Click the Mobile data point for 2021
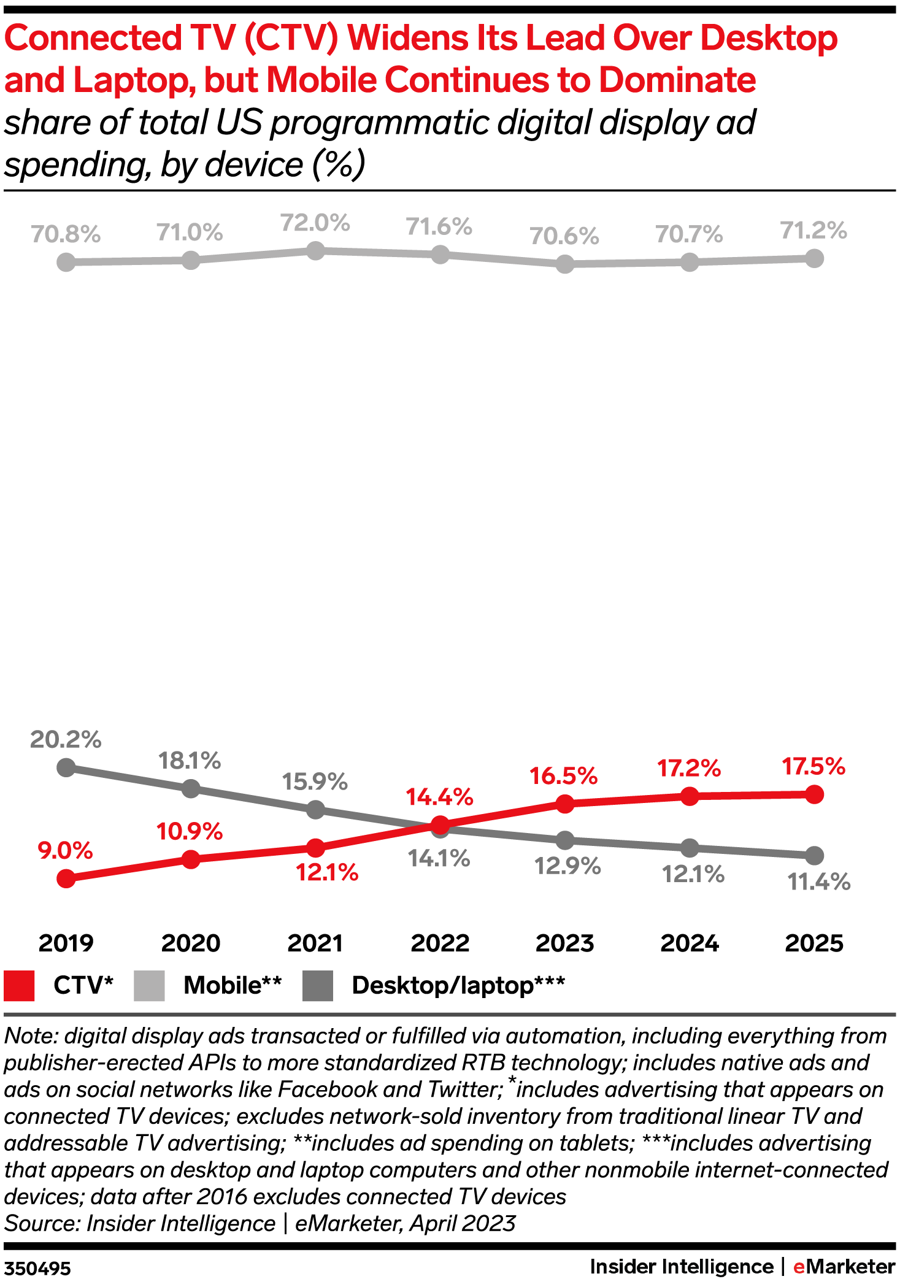pos(315,250)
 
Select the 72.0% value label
pos(315,223)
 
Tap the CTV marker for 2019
pos(66,878)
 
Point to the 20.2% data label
pos(66,739)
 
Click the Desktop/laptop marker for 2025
pos(814,855)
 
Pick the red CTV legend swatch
pos(19,985)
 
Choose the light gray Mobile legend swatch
pos(149,985)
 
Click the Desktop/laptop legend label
pos(458,985)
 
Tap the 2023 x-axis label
pos(564,943)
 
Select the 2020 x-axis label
pos(191,943)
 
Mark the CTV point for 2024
pos(690,796)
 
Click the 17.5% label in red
pos(813,766)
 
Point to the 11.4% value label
pos(818,882)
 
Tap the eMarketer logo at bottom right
pos(844,1266)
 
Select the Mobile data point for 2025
pos(814,258)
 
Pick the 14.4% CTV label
pos(439,797)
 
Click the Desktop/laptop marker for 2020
pos(191,788)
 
